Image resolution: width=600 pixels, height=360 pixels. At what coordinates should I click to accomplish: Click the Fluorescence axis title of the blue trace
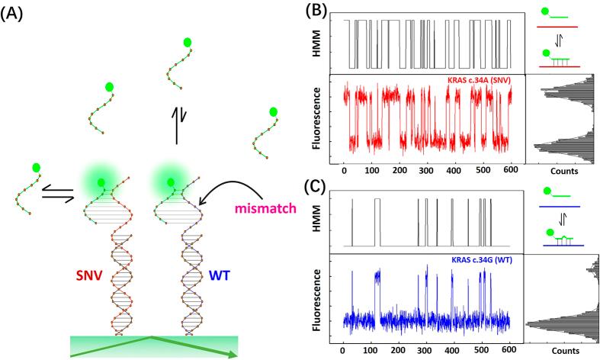(322, 298)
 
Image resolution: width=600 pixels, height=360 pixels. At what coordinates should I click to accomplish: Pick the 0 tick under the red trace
(345, 172)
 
